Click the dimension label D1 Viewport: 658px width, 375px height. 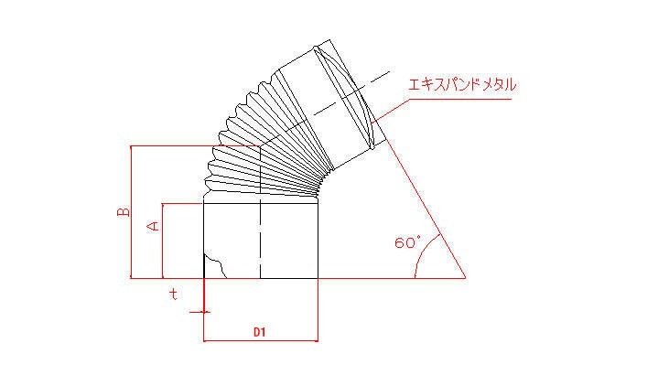(x=259, y=332)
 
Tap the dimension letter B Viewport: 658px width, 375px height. (x=124, y=212)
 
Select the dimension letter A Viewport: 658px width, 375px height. (x=154, y=226)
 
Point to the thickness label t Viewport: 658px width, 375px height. (x=173, y=294)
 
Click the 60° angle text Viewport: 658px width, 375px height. (x=407, y=242)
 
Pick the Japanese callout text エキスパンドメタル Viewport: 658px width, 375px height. (x=462, y=85)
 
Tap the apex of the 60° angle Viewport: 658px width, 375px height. (x=466, y=278)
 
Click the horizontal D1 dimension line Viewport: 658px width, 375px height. (x=261, y=340)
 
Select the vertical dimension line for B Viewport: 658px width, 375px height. (x=132, y=212)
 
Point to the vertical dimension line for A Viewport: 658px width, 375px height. (x=162, y=241)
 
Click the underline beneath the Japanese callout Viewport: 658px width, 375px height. (x=460, y=100)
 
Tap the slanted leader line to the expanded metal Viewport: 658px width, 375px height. (x=391, y=111)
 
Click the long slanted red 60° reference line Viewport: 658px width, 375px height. (x=426, y=209)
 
